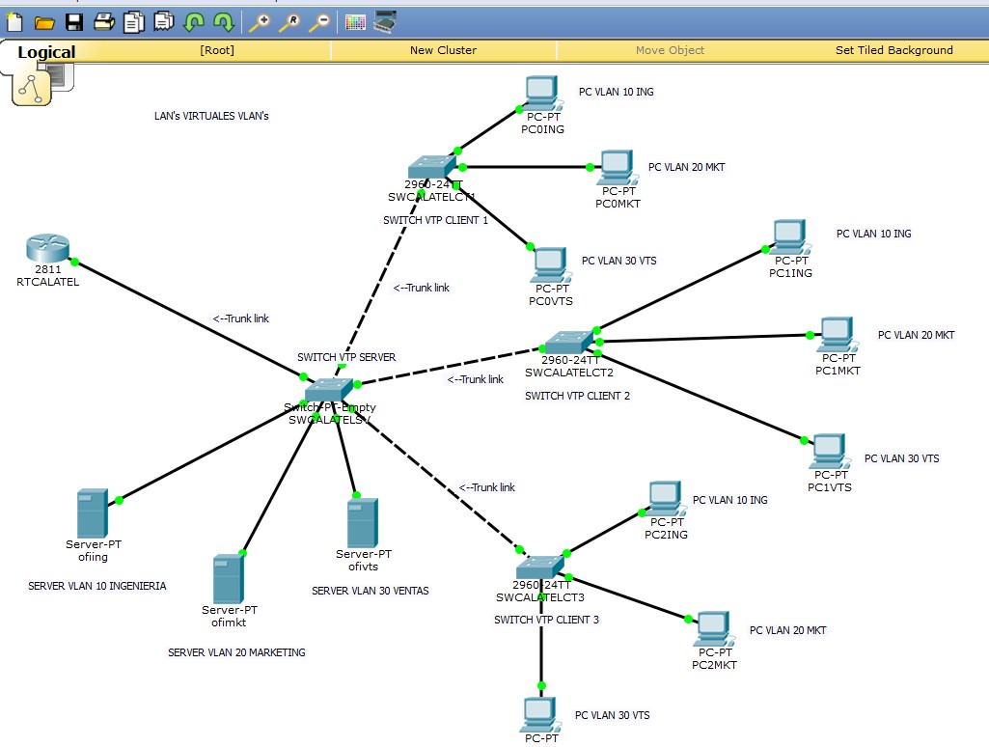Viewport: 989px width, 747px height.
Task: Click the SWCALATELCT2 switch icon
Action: (x=569, y=343)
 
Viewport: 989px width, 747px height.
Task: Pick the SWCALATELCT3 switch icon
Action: (x=539, y=567)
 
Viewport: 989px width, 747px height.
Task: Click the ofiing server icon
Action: (x=93, y=513)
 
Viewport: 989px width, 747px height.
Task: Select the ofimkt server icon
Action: (x=229, y=578)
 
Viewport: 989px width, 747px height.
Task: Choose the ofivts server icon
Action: (x=363, y=522)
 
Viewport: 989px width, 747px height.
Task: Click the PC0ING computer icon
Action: (x=542, y=95)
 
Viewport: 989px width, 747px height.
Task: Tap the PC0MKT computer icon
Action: (x=616, y=168)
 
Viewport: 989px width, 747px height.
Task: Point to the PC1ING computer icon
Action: (x=789, y=236)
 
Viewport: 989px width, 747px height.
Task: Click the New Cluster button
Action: (x=443, y=50)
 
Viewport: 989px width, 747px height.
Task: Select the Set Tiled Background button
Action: (x=893, y=50)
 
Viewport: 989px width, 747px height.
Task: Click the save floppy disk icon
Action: (x=73, y=21)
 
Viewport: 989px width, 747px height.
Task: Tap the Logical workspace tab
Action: (x=46, y=52)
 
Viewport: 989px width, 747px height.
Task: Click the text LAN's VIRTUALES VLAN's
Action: (x=211, y=116)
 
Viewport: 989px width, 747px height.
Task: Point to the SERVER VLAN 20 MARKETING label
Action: (x=236, y=652)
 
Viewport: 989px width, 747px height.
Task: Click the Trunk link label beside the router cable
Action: (x=241, y=318)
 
